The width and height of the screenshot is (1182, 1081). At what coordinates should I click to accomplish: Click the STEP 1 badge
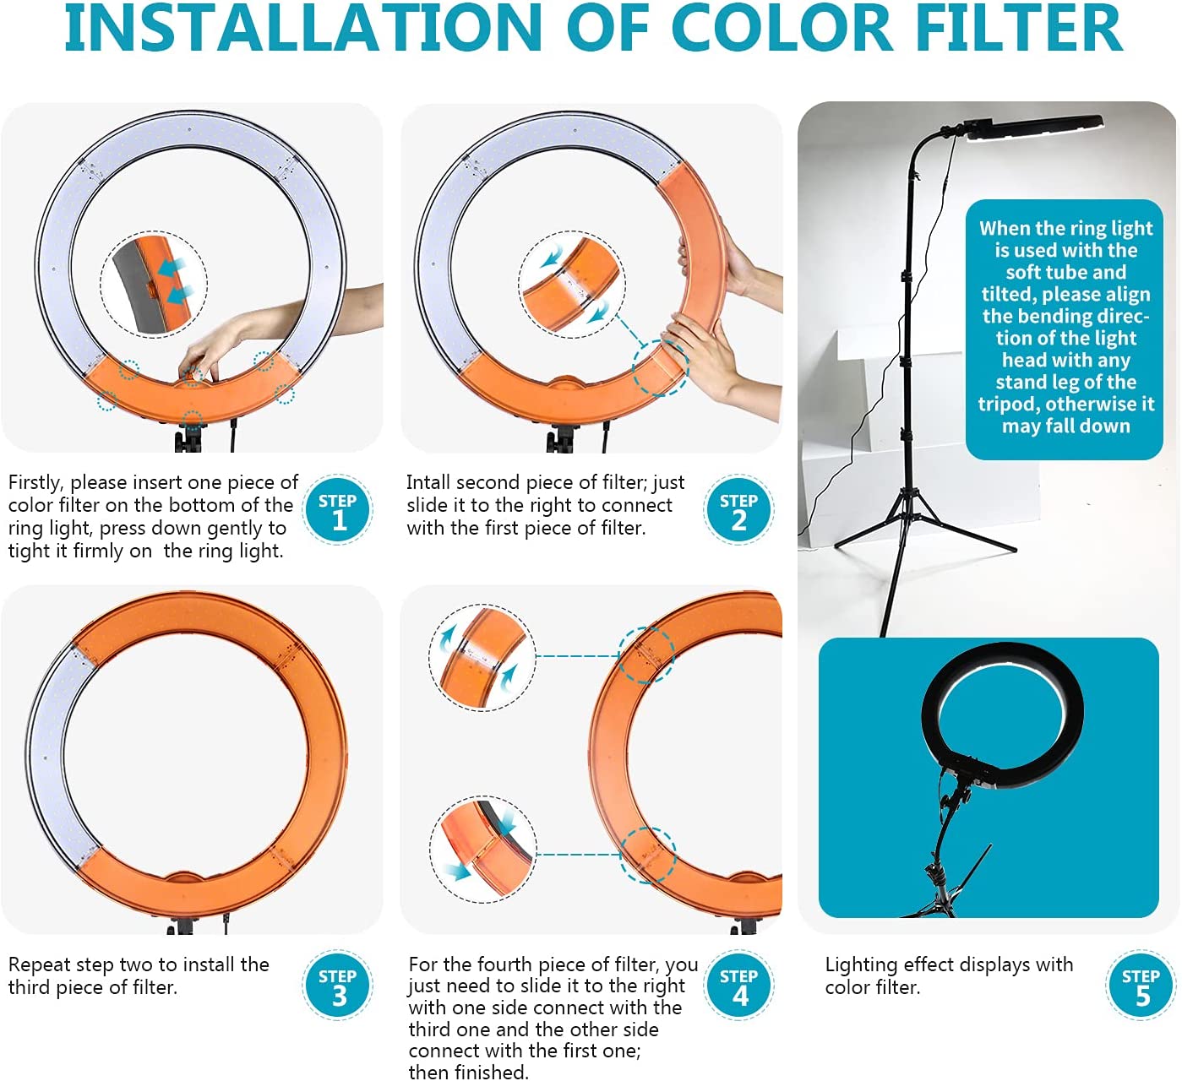[x=338, y=509]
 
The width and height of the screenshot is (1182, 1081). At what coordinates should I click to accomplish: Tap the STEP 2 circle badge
[x=739, y=509]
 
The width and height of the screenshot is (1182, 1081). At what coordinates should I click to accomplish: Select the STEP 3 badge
[x=338, y=985]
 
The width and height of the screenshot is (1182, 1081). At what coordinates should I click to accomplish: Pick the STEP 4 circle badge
[x=739, y=985]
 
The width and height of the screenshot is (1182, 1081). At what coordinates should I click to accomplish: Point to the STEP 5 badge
[x=1141, y=985]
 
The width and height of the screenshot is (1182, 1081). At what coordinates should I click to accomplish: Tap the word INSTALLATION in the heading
[x=302, y=27]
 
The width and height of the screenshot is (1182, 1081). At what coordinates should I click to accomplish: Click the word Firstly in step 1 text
[x=35, y=483]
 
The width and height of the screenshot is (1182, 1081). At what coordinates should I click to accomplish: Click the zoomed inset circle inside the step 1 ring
[x=154, y=285]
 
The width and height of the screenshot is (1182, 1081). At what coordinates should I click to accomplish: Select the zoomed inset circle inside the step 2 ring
[x=571, y=285]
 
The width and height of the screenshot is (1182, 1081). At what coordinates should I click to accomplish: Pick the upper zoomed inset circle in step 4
[x=482, y=657]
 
